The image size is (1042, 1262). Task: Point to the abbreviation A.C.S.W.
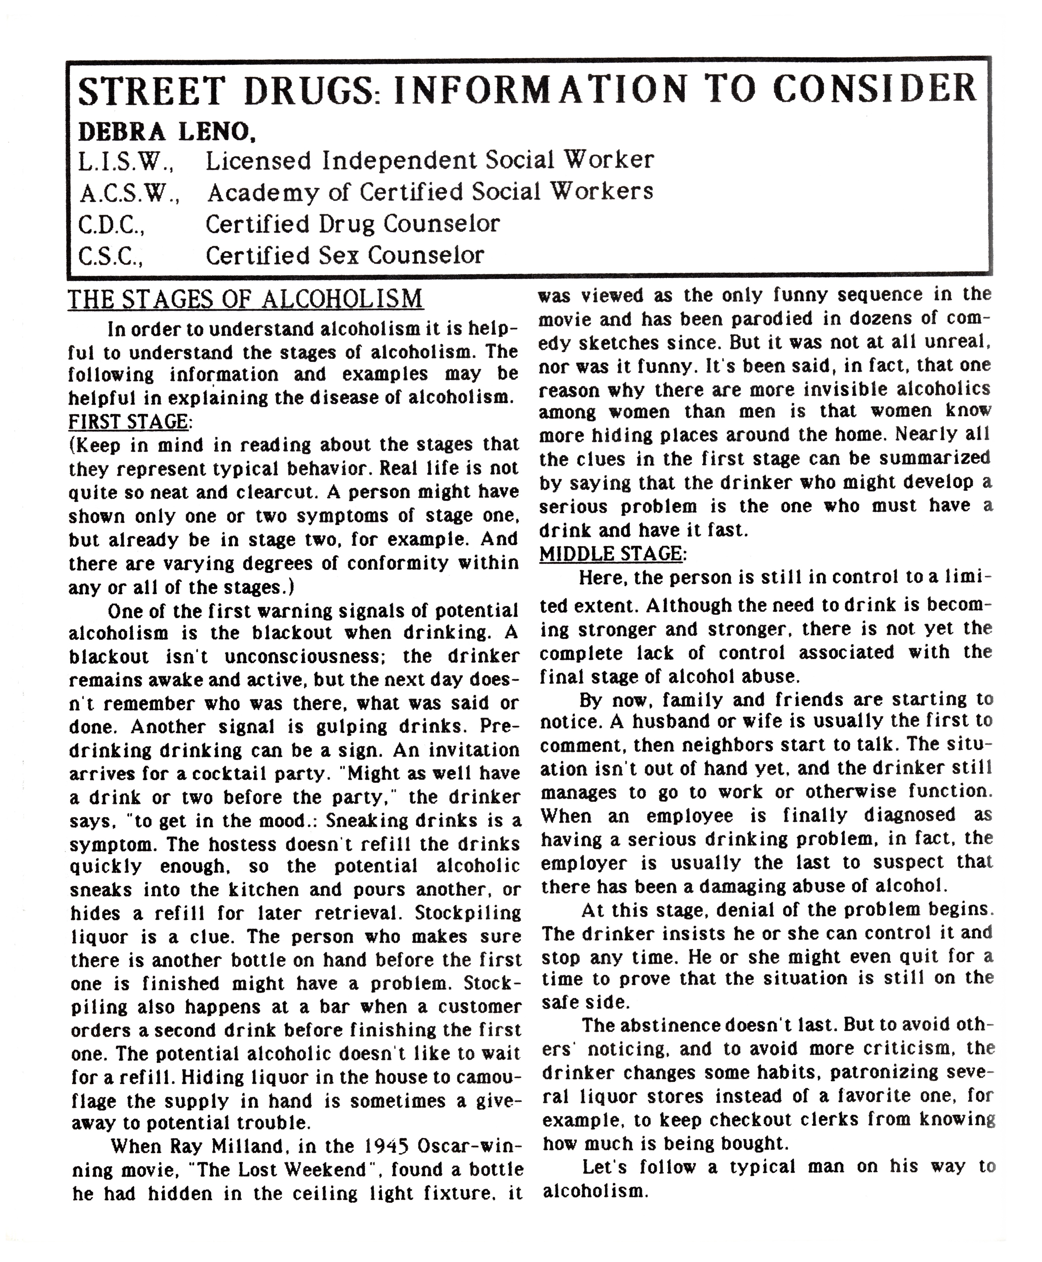click(129, 193)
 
